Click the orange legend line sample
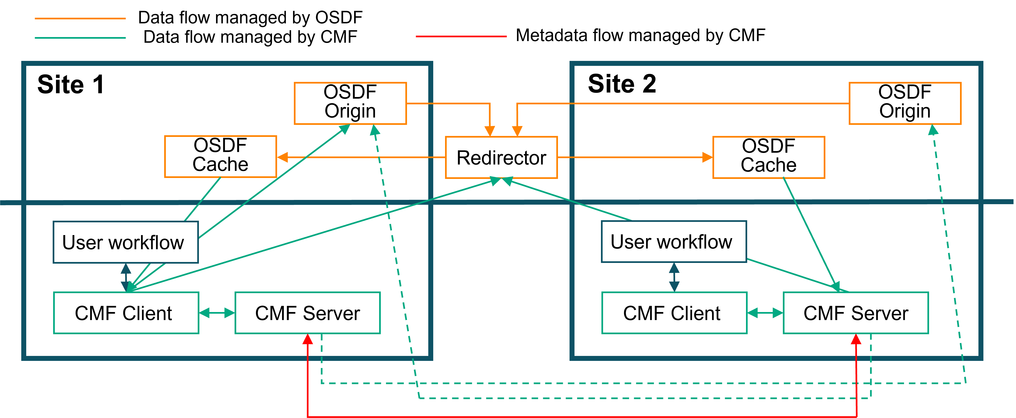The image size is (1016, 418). [80, 18]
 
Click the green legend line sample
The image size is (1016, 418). [80, 38]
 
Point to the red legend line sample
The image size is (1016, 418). [461, 37]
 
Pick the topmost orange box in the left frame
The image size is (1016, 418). [350, 103]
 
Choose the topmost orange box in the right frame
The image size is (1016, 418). [905, 103]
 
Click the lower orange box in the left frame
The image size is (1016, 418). [220, 157]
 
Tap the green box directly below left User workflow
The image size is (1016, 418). [126, 313]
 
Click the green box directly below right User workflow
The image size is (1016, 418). [674, 313]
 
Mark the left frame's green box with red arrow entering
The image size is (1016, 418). [308, 313]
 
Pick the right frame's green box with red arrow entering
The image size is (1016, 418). [855, 313]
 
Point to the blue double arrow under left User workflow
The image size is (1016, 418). [126, 277]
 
